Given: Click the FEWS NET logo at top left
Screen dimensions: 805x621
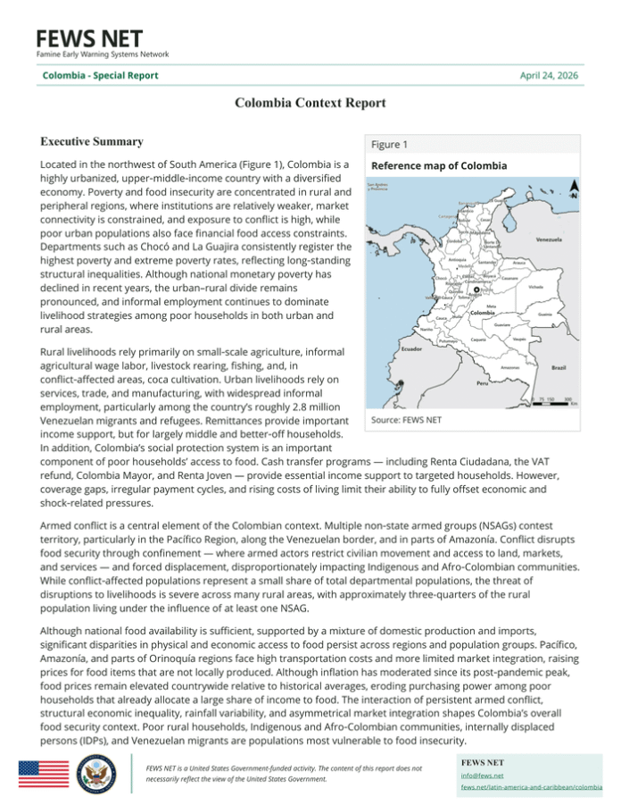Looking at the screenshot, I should coord(89,41).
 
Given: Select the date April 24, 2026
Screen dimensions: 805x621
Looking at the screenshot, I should coord(549,75).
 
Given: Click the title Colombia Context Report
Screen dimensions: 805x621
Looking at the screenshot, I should coord(310,104).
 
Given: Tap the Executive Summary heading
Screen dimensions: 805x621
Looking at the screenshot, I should coord(92,142).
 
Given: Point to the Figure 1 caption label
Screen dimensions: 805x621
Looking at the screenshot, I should coord(390,145).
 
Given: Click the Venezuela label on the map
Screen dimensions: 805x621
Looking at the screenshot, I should coord(553,240).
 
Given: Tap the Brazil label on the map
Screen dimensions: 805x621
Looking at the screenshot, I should coord(559,367).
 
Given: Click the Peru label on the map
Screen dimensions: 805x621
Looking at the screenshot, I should coord(481,383).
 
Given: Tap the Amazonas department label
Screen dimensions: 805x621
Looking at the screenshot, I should coord(510,367).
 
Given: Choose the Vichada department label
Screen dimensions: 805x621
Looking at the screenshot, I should coord(535,287).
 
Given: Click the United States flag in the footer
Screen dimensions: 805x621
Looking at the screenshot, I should coord(43,773).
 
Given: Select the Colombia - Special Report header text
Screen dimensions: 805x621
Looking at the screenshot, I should coord(100,75).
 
